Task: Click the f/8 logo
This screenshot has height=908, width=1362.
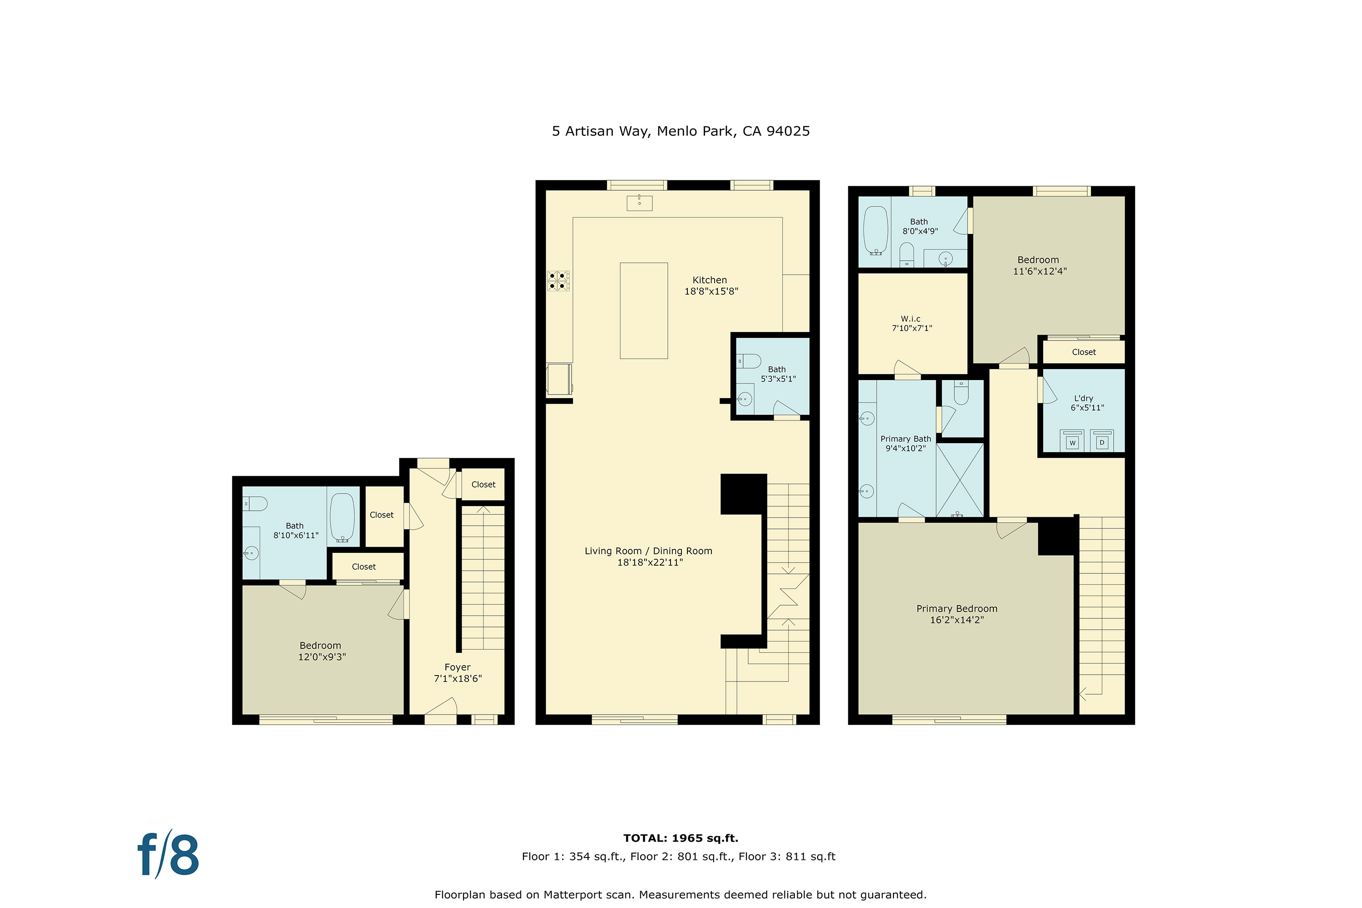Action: [168, 854]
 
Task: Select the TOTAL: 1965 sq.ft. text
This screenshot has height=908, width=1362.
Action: [681, 838]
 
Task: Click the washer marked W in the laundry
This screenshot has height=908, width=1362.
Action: [1072, 441]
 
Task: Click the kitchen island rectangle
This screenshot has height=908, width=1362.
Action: [644, 311]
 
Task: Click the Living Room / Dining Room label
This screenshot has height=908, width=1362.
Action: [649, 551]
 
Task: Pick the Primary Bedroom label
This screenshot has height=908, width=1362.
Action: [957, 609]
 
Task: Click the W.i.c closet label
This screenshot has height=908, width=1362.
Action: [910, 319]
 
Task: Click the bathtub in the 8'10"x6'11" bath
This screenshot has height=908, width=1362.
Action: [342, 517]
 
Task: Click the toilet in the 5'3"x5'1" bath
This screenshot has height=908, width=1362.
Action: [749, 361]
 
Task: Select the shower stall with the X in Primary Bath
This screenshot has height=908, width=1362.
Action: [960, 480]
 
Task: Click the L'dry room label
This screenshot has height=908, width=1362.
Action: [1083, 399]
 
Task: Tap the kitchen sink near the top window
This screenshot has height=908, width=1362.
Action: [639, 202]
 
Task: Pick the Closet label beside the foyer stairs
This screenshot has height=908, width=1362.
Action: [484, 485]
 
